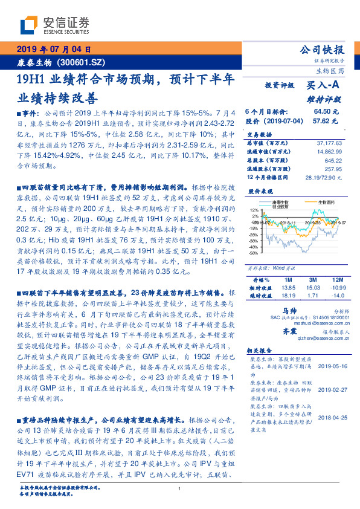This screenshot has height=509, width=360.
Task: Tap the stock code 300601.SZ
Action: coord(85,63)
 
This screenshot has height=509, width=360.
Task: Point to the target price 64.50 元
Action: coord(326,111)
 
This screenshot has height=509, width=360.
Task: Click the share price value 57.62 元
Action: coord(326,120)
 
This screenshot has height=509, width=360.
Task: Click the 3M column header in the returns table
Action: coord(312,280)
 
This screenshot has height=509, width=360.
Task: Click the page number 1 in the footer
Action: coord(180,489)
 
